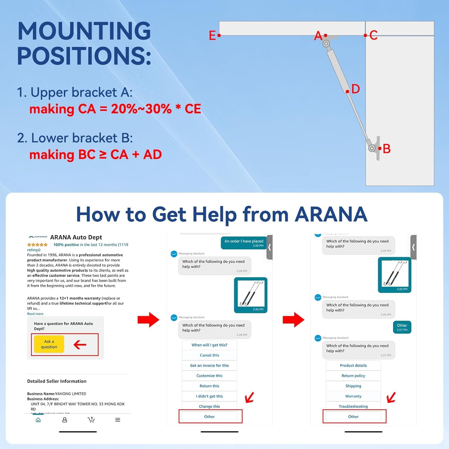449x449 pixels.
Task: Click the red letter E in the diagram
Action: coord(212,36)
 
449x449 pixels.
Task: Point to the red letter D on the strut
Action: coord(355,89)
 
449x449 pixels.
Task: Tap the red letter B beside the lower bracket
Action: coord(386,148)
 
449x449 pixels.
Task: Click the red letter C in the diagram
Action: coord(373,35)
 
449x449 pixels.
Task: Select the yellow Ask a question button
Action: coord(49,344)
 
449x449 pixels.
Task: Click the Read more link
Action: coord(35,314)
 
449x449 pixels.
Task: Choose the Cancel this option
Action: coord(209,355)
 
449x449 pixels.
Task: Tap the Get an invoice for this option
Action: coord(209,365)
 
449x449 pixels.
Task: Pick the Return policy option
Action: coord(353,376)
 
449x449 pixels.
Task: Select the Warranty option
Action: coord(353,396)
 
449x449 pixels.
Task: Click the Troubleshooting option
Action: coord(353,406)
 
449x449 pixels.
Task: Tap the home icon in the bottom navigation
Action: coord(38,420)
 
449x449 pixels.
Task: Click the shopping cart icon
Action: coord(91,420)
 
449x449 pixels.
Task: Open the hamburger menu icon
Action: coord(118,420)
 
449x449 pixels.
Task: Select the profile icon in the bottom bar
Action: coord(65,420)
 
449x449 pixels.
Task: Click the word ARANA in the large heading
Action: coord(331,214)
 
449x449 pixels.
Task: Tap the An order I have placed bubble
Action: coord(244,243)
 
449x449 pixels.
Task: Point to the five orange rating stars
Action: coord(37,245)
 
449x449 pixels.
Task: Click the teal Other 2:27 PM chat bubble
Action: coord(402,327)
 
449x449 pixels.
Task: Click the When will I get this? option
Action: coord(209,345)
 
